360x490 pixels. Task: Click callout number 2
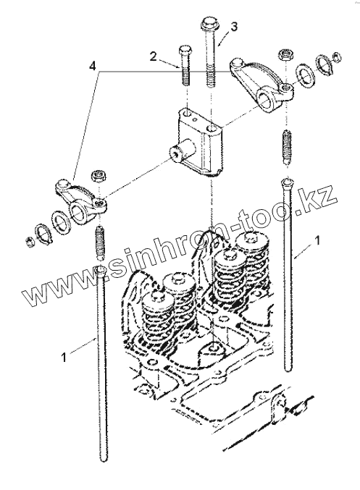click(153, 56)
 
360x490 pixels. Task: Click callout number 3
click(234, 28)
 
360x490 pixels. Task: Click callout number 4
click(92, 66)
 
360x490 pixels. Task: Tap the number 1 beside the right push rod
click(317, 241)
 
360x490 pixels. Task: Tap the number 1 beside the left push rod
click(64, 357)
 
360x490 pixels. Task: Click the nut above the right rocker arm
click(285, 56)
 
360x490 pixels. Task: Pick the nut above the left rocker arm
click(99, 176)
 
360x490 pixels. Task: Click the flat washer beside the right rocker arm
click(305, 73)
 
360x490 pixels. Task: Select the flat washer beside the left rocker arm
click(61, 221)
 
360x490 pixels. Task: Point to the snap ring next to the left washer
click(43, 234)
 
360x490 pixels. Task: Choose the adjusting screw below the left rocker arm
click(99, 242)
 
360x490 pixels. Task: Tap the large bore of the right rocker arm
click(267, 101)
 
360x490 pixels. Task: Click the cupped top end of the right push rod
click(287, 182)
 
